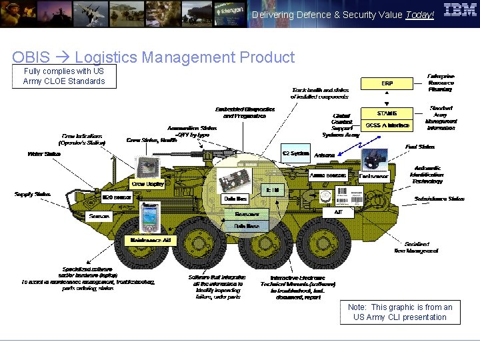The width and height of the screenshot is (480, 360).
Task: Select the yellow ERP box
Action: click(387, 84)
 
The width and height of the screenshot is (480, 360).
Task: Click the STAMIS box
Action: click(387, 113)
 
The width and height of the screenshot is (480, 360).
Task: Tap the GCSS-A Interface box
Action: click(387, 125)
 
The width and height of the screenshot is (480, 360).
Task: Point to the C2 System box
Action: click(295, 153)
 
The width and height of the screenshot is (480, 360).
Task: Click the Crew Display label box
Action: click(147, 183)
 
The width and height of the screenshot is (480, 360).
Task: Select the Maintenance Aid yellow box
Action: click(151, 240)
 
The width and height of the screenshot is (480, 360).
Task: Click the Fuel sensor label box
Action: click(373, 177)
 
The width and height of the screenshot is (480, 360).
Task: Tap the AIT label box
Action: click(338, 212)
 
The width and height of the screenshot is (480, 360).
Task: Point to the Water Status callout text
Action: click(44, 154)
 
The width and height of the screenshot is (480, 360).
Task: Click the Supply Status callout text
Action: click(33, 195)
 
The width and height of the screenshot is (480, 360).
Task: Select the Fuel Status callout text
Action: click(420, 147)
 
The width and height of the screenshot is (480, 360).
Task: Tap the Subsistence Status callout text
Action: click(439, 199)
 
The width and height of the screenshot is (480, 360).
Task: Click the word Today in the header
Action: click(419, 15)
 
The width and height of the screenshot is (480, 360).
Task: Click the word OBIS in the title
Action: click(31, 57)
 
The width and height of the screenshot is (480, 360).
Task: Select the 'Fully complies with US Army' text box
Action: click(64, 76)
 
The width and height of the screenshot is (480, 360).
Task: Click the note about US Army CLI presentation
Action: click(400, 312)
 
